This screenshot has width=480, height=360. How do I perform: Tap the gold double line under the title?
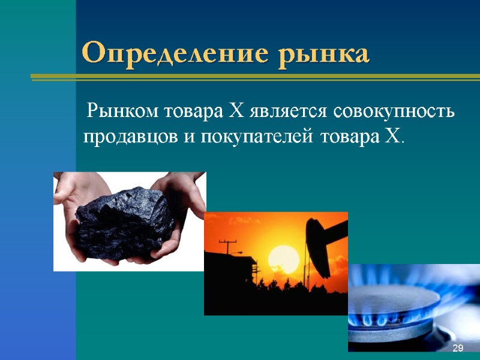pos(255,77)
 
